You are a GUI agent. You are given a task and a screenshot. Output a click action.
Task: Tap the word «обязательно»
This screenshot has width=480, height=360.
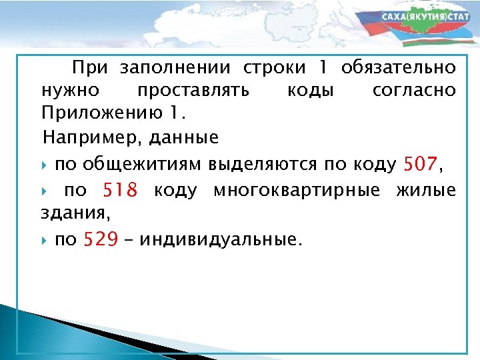tap(398, 68)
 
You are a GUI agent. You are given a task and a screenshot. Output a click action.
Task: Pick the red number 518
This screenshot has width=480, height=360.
tap(120, 191)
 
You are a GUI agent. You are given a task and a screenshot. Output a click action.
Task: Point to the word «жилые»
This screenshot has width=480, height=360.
tap(426, 191)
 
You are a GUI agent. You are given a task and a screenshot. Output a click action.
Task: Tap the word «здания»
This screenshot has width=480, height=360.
tap(72, 213)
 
